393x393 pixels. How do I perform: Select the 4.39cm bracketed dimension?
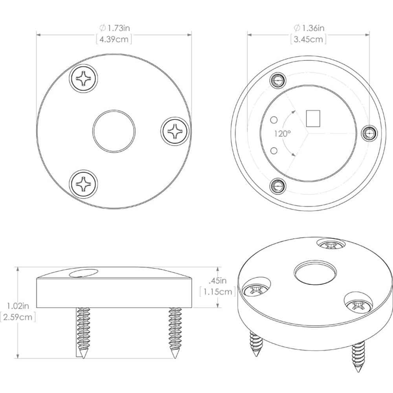114,39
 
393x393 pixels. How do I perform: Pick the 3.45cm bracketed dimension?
309,39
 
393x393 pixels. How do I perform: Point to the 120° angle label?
282,134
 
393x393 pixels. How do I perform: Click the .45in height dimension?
217,281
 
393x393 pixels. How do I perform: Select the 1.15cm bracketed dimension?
218,292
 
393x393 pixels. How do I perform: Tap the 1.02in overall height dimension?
18,305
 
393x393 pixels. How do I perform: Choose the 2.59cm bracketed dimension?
18,316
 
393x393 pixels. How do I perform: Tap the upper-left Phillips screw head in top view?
84,78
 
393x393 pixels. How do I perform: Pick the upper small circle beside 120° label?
275,119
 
